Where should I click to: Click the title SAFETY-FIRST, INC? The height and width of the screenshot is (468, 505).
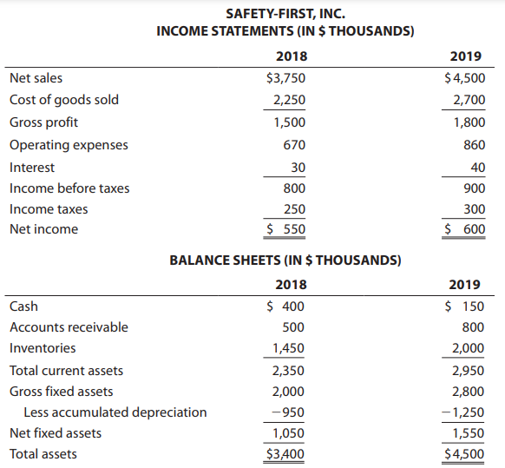tap(285, 14)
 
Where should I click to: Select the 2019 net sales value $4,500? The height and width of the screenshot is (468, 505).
tap(465, 78)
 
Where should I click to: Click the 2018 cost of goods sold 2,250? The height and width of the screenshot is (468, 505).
tap(289, 100)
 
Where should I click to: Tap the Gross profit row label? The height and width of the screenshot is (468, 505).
tap(43, 122)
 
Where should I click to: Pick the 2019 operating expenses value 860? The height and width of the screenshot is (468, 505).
tap(475, 145)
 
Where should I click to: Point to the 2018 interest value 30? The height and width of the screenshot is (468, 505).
tap(298, 168)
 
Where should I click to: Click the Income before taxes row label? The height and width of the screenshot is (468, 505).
tap(69, 188)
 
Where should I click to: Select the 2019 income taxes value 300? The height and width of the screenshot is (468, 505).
tap(475, 209)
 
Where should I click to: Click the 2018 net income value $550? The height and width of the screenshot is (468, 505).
tap(286, 229)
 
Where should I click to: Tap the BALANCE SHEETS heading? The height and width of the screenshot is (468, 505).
tap(285, 260)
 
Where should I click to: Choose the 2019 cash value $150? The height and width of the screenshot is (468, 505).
tap(464, 307)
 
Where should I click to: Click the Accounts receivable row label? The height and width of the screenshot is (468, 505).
tap(69, 327)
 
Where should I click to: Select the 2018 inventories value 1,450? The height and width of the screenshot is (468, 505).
tap(288, 348)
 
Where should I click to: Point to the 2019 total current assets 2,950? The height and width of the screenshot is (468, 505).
tap(468, 371)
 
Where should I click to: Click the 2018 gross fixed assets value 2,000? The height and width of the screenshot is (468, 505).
tap(288, 392)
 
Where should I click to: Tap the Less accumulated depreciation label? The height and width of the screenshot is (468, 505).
tap(115, 412)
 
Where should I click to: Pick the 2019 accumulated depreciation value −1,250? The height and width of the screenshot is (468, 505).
tap(462, 412)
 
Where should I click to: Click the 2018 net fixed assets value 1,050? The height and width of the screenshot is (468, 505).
tap(288, 433)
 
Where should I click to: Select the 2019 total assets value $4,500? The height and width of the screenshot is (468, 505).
tap(464, 454)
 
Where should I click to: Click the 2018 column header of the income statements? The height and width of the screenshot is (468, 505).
tap(292, 56)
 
